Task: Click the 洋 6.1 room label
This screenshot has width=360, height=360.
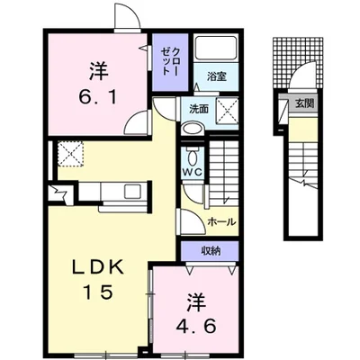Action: click(98, 83)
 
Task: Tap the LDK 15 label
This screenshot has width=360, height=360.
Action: click(98, 279)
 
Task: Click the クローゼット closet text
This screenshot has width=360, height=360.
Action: click(170, 62)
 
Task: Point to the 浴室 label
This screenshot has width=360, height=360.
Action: click(216, 76)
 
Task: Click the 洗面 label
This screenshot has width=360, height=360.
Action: click(199, 110)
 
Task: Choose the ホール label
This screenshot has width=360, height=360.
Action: click(221, 222)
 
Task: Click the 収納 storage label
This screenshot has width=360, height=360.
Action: click(211, 250)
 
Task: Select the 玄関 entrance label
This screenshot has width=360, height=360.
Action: click(304, 103)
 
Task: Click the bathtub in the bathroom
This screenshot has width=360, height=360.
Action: click(215, 48)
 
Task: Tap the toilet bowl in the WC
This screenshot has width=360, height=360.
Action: click(192, 156)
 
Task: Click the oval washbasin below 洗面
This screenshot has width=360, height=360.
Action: click(193, 130)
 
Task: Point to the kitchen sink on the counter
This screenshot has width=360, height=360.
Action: click(132, 192)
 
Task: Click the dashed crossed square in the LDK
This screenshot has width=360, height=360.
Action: click(71, 154)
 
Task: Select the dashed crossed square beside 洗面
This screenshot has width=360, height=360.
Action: click(227, 111)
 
